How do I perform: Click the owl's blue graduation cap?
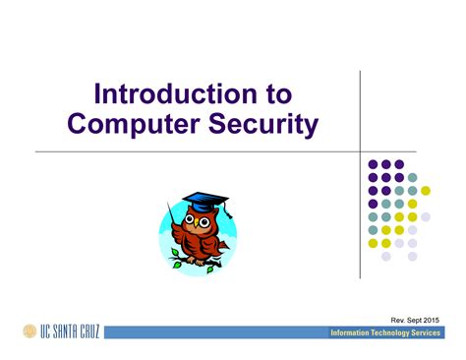(201, 201)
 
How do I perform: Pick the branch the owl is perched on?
(197, 260)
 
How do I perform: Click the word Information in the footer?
(355, 333)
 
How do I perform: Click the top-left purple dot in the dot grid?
(373, 165)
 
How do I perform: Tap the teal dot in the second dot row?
(413, 178)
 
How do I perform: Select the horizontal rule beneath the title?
(197, 152)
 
